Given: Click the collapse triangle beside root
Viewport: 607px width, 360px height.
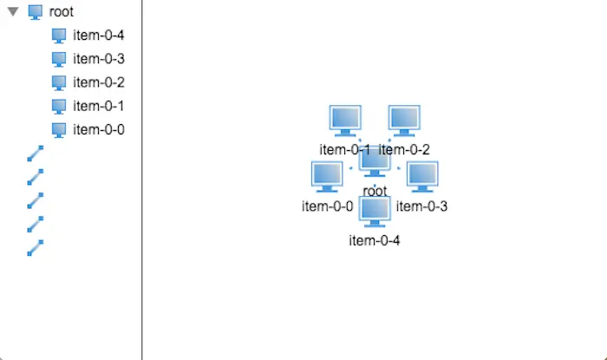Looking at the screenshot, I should [13, 12].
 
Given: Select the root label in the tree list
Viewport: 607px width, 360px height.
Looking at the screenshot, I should [62, 12].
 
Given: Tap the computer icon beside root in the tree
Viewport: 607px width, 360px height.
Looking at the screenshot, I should [36, 12].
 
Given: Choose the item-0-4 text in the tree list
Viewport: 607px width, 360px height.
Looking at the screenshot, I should [99, 36].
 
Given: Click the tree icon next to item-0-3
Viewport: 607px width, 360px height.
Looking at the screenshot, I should [59, 59].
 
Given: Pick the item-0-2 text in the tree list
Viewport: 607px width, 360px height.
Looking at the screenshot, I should [99, 82].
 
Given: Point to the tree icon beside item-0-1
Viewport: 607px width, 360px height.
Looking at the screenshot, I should [59, 106].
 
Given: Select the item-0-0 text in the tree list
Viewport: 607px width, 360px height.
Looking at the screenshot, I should [99, 129].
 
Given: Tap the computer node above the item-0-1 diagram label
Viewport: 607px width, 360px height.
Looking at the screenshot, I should [345, 121].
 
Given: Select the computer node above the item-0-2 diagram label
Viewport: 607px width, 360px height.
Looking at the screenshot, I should [404, 121].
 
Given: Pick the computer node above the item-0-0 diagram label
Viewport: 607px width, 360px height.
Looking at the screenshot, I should [327, 176].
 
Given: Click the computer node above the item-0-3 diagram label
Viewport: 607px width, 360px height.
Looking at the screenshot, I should [422, 176].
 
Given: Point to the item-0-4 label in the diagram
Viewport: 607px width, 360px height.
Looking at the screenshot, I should [375, 240].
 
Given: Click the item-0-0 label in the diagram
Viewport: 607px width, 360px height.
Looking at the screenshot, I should [327, 206].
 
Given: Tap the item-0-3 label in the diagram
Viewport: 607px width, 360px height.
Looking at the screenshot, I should [422, 206].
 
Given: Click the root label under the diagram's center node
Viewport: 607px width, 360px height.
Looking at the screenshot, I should [375, 190].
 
